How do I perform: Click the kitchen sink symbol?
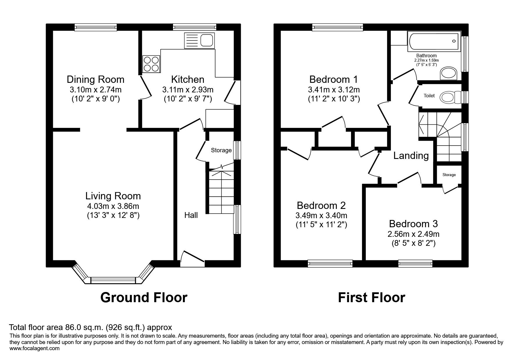[x=199, y=41]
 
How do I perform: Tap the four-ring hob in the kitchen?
[x=151, y=64]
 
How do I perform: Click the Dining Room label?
[x=95, y=79]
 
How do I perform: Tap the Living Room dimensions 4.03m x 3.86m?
[x=113, y=206]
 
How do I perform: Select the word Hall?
[x=191, y=215]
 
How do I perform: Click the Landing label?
[x=411, y=156]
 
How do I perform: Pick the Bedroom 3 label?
[x=413, y=224]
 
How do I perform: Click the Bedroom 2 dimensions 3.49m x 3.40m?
[x=321, y=216]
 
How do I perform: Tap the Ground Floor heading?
[x=144, y=298]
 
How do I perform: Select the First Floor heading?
[x=371, y=298]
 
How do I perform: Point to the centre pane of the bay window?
[x=113, y=280]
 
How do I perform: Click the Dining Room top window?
[x=96, y=28]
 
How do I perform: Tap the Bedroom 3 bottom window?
[x=415, y=264]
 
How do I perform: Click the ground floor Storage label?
[x=221, y=150]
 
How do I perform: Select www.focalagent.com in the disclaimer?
[x=35, y=348]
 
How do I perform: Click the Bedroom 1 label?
[x=334, y=79]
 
